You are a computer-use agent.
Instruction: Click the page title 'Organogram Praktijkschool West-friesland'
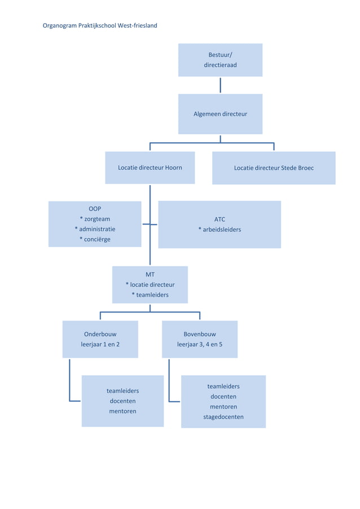[100, 25]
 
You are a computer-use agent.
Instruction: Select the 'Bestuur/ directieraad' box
[220, 60]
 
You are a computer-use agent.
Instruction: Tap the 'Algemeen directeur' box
[220, 114]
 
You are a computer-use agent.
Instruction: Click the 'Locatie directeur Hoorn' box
[150, 168]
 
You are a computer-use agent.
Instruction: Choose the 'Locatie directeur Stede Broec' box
[274, 168]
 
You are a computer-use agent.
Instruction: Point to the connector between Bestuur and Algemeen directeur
[220, 85]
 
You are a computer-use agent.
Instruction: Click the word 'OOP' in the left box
[95, 209]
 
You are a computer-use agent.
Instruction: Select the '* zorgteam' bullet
[95, 219]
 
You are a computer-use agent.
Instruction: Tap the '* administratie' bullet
[95, 229]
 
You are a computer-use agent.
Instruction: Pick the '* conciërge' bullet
[95, 239]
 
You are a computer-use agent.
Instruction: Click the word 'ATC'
[219, 220]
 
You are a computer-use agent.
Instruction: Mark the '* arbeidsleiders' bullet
[219, 230]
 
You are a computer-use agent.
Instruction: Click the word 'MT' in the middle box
[150, 275]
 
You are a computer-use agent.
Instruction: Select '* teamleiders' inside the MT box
[150, 295]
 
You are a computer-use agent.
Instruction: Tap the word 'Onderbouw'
[100, 334]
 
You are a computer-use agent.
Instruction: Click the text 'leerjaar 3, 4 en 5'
[200, 344]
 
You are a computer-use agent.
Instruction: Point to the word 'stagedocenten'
[223, 417]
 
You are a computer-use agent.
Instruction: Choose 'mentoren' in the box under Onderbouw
[122, 411]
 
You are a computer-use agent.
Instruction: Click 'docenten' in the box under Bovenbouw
[223, 397]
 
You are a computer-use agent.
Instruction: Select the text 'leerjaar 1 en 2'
[100, 344]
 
